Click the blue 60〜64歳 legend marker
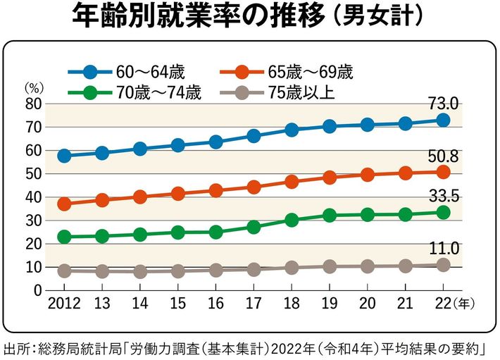click(x=89, y=71)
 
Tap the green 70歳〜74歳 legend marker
click(x=89, y=92)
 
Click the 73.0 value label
click(x=444, y=104)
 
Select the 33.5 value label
click(x=444, y=197)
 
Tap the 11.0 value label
click(x=444, y=248)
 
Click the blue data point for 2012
click(x=64, y=156)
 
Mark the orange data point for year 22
click(x=443, y=172)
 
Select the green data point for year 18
click(x=292, y=220)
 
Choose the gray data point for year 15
click(x=177, y=271)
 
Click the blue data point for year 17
click(x=254, y=136)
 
